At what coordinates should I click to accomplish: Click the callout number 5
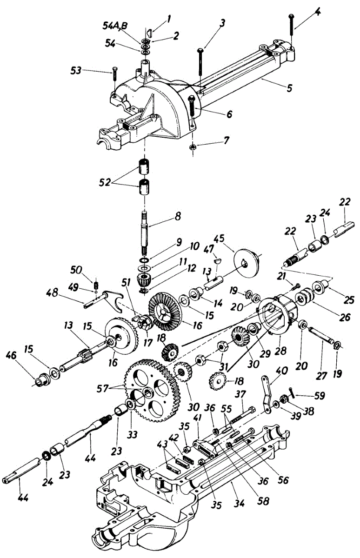click(289, 88)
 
